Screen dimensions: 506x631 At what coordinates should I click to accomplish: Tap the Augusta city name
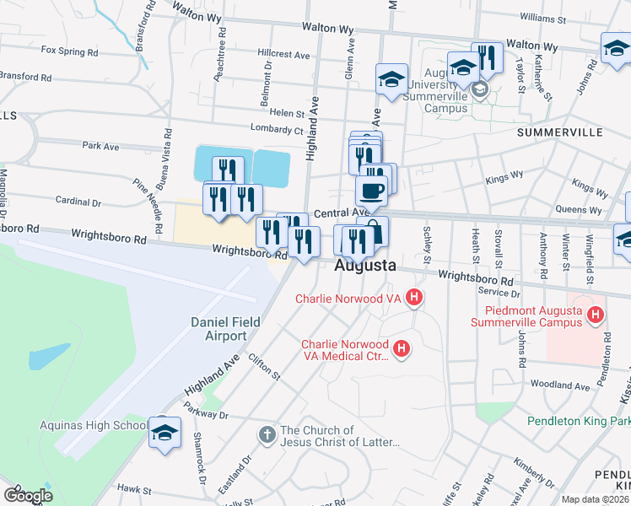(365, 266)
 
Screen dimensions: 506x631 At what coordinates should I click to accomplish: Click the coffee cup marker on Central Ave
(372, 191)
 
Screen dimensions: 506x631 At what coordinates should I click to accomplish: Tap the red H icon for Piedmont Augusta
(596, 315)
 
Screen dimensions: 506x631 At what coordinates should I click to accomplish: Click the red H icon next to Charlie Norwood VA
(413, 297)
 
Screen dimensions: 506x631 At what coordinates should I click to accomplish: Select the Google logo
(28, 495)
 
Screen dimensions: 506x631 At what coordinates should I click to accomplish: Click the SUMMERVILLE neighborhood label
(559, 133)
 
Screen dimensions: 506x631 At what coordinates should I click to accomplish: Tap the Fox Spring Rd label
(69, 51)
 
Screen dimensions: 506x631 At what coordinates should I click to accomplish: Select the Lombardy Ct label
(276, 130)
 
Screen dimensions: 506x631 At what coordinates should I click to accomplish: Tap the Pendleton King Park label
(579, 421)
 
